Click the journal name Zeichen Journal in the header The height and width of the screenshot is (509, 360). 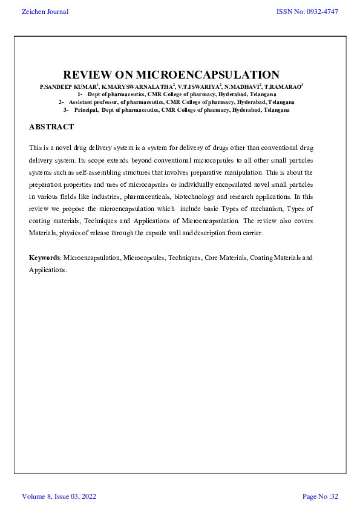[45, 11]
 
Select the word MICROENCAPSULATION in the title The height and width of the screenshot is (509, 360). [208, 75]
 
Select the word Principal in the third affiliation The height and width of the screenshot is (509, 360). [86, 110]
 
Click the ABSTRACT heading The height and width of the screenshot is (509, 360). [51, 127]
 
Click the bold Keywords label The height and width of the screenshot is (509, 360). [45, 258]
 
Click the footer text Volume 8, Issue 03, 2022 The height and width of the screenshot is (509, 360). [59, 497]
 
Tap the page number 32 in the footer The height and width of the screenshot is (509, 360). [334, 497]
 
